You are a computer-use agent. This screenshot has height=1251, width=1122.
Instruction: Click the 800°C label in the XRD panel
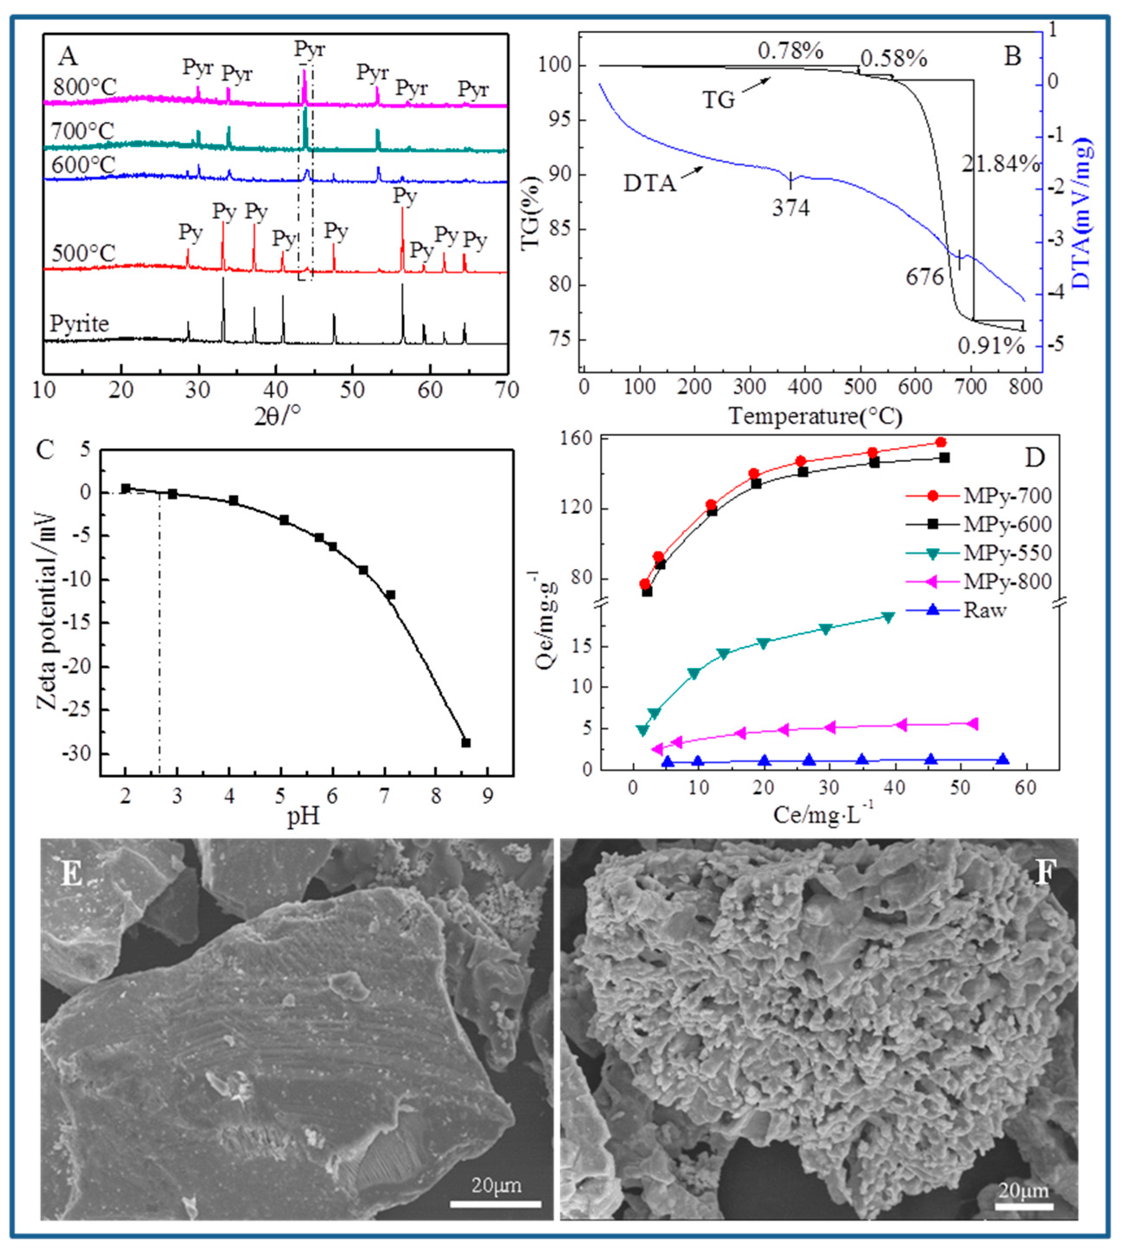[84, 88]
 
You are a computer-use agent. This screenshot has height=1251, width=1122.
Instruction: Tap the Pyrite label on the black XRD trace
[79, 324]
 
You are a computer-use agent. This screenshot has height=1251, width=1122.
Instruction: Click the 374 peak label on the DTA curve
[791, 208]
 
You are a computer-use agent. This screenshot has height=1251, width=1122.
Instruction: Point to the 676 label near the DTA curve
[925, 277]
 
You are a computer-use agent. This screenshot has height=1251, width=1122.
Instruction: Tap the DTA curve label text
[650, 183]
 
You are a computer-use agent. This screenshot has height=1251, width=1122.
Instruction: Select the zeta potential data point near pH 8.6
[466, 743]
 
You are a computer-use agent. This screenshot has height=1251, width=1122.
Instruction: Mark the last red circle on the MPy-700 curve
[941, 442]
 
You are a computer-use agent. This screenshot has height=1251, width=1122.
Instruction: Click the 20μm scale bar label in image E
[496, 1185]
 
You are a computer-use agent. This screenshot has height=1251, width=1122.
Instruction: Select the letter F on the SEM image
[1043, 874]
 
